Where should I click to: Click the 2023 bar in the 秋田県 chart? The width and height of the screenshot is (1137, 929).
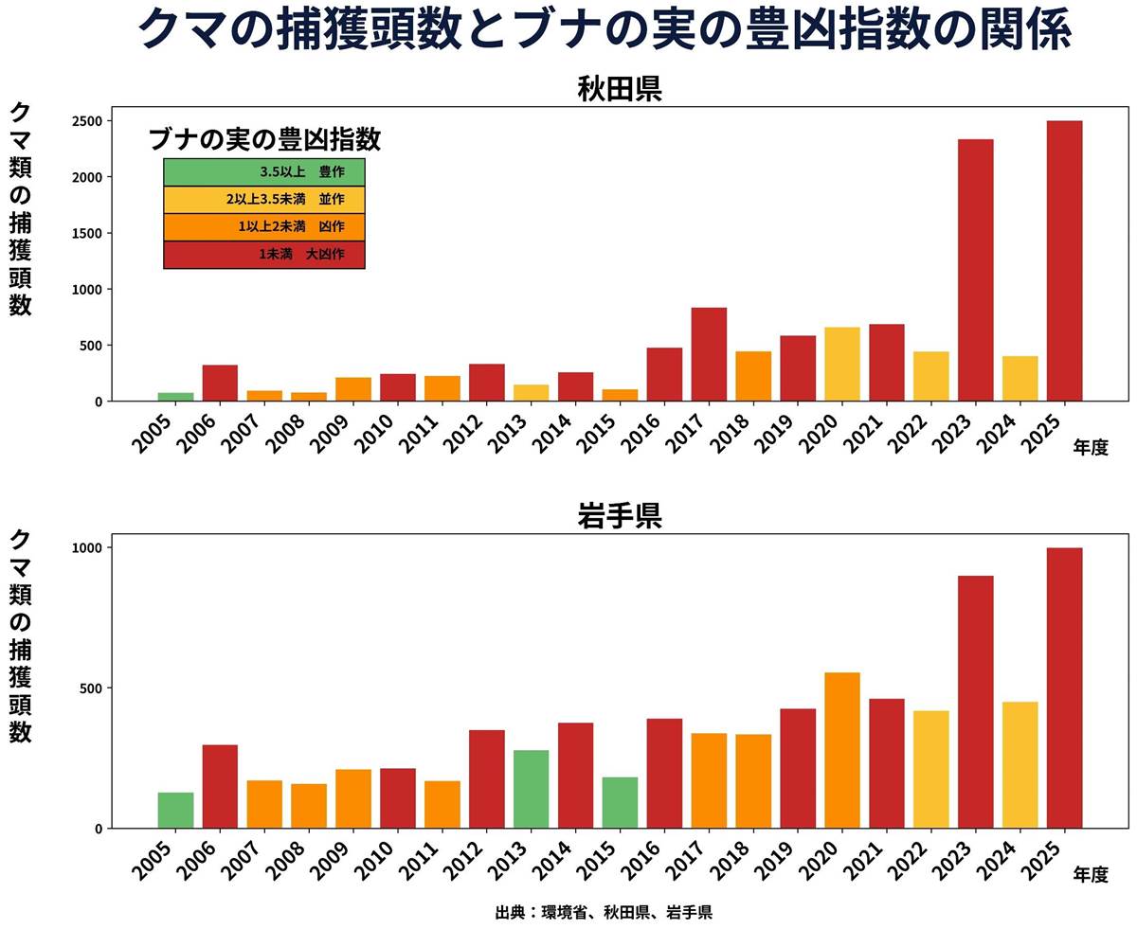coord(975,270)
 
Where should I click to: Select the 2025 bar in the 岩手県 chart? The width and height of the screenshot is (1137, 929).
coord(1064,688)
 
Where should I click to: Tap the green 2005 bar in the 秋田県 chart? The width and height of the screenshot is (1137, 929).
coord(175,397)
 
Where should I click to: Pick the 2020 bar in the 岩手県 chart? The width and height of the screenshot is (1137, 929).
coord(841,750)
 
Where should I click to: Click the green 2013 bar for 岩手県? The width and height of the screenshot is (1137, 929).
coord(531,789)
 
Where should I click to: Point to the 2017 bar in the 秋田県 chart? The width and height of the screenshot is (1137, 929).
coord(709,354)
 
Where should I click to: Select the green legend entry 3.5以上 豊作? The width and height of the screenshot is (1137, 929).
coord(264,172)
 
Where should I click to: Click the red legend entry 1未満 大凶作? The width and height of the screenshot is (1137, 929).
coord(264,255)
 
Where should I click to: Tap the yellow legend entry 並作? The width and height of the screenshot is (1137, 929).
coord(264,200)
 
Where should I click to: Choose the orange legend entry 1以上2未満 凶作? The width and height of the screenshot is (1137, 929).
coord(264,227)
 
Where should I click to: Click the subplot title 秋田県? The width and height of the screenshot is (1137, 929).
coord(619,89)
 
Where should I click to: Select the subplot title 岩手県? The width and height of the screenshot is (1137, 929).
coord(619,516)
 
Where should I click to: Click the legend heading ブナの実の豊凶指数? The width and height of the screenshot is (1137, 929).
coord(264,139)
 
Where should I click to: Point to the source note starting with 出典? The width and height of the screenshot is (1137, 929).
coord(604,913)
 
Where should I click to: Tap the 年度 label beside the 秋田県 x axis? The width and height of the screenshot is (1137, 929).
coord(1091,448)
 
